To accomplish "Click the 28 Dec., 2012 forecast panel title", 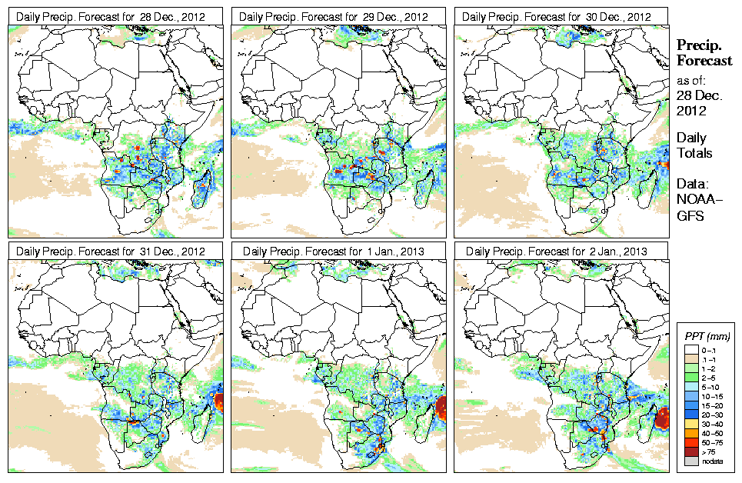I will (x=111, y=16).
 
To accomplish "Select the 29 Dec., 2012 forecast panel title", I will (x=334, y=16).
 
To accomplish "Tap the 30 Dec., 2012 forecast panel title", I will (x=557, y=16).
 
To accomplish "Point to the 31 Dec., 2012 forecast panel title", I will (x=111, y=251).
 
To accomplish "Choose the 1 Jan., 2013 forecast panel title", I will (x=334, y=251).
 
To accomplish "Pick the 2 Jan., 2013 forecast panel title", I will (x=557, y=251).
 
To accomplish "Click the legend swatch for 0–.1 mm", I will (x=690, y=350).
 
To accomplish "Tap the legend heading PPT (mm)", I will (x=708, y=336).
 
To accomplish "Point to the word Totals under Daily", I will (x=694, y=153).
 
